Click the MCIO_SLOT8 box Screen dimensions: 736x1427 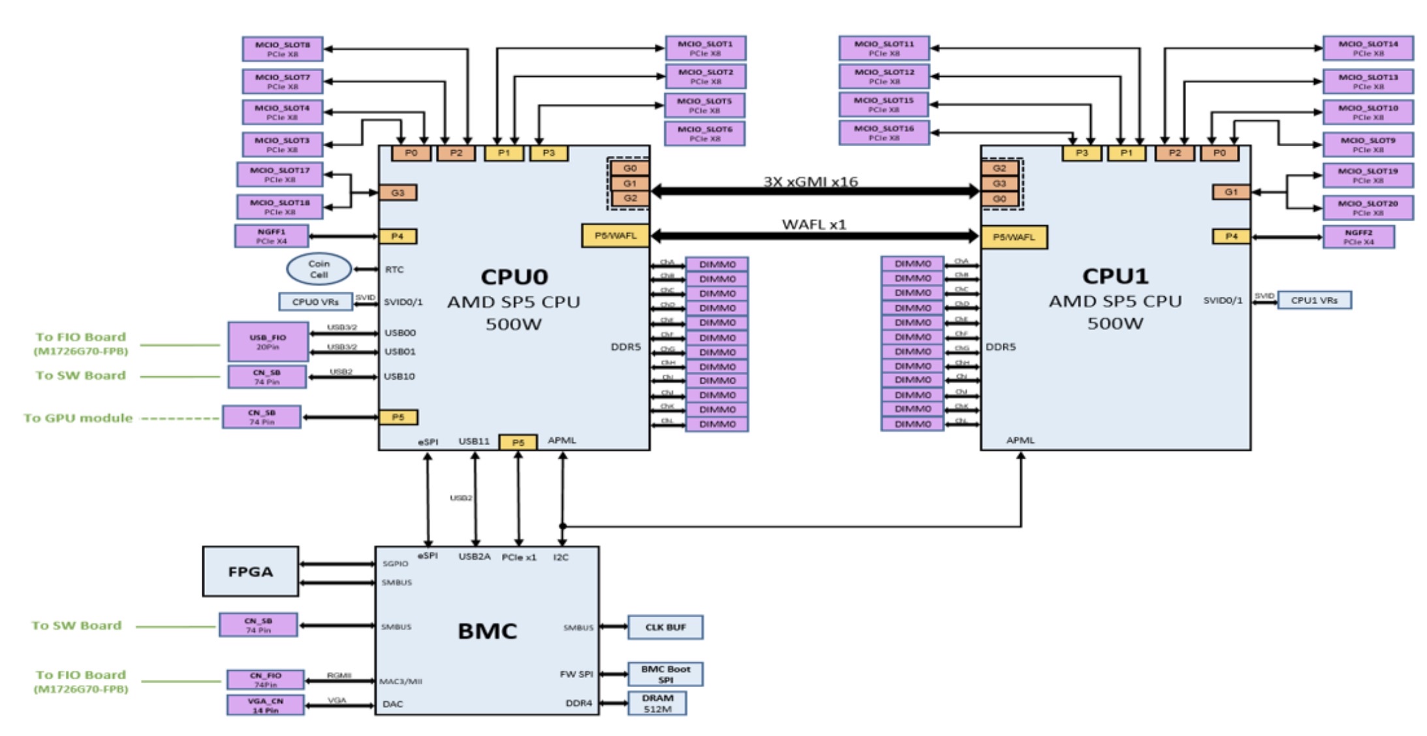tap(282, 49)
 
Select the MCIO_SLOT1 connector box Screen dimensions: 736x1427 tap(705, 48)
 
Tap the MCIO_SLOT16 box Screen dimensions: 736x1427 tap(884, 133)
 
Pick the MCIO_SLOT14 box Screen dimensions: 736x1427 tap(1368, 48)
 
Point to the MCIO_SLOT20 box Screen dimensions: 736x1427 tap(1368, 207)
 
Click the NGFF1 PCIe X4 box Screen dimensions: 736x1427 tap(271, 236)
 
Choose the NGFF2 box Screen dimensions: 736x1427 tap(1358, 237)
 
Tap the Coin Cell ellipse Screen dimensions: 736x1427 tap(319, 269)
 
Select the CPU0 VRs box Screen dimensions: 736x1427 tap(315, 301)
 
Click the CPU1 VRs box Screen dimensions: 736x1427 tap(1313, 300)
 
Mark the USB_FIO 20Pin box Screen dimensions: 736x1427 tap(268, 341)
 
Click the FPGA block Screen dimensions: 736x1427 tap(251, 572)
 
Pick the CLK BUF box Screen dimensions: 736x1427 tap(665, 627)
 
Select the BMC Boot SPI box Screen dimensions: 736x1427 tap(665, 674)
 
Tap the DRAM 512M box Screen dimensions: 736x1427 tap(657, 703)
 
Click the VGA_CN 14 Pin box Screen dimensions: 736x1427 tap(265, 705)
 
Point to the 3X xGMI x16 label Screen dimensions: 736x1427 tap(811, 181)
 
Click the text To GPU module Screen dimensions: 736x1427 tap(78, 418)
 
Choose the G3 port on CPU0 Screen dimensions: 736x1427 tap(398, 192)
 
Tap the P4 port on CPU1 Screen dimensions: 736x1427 tap(1231, 236)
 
